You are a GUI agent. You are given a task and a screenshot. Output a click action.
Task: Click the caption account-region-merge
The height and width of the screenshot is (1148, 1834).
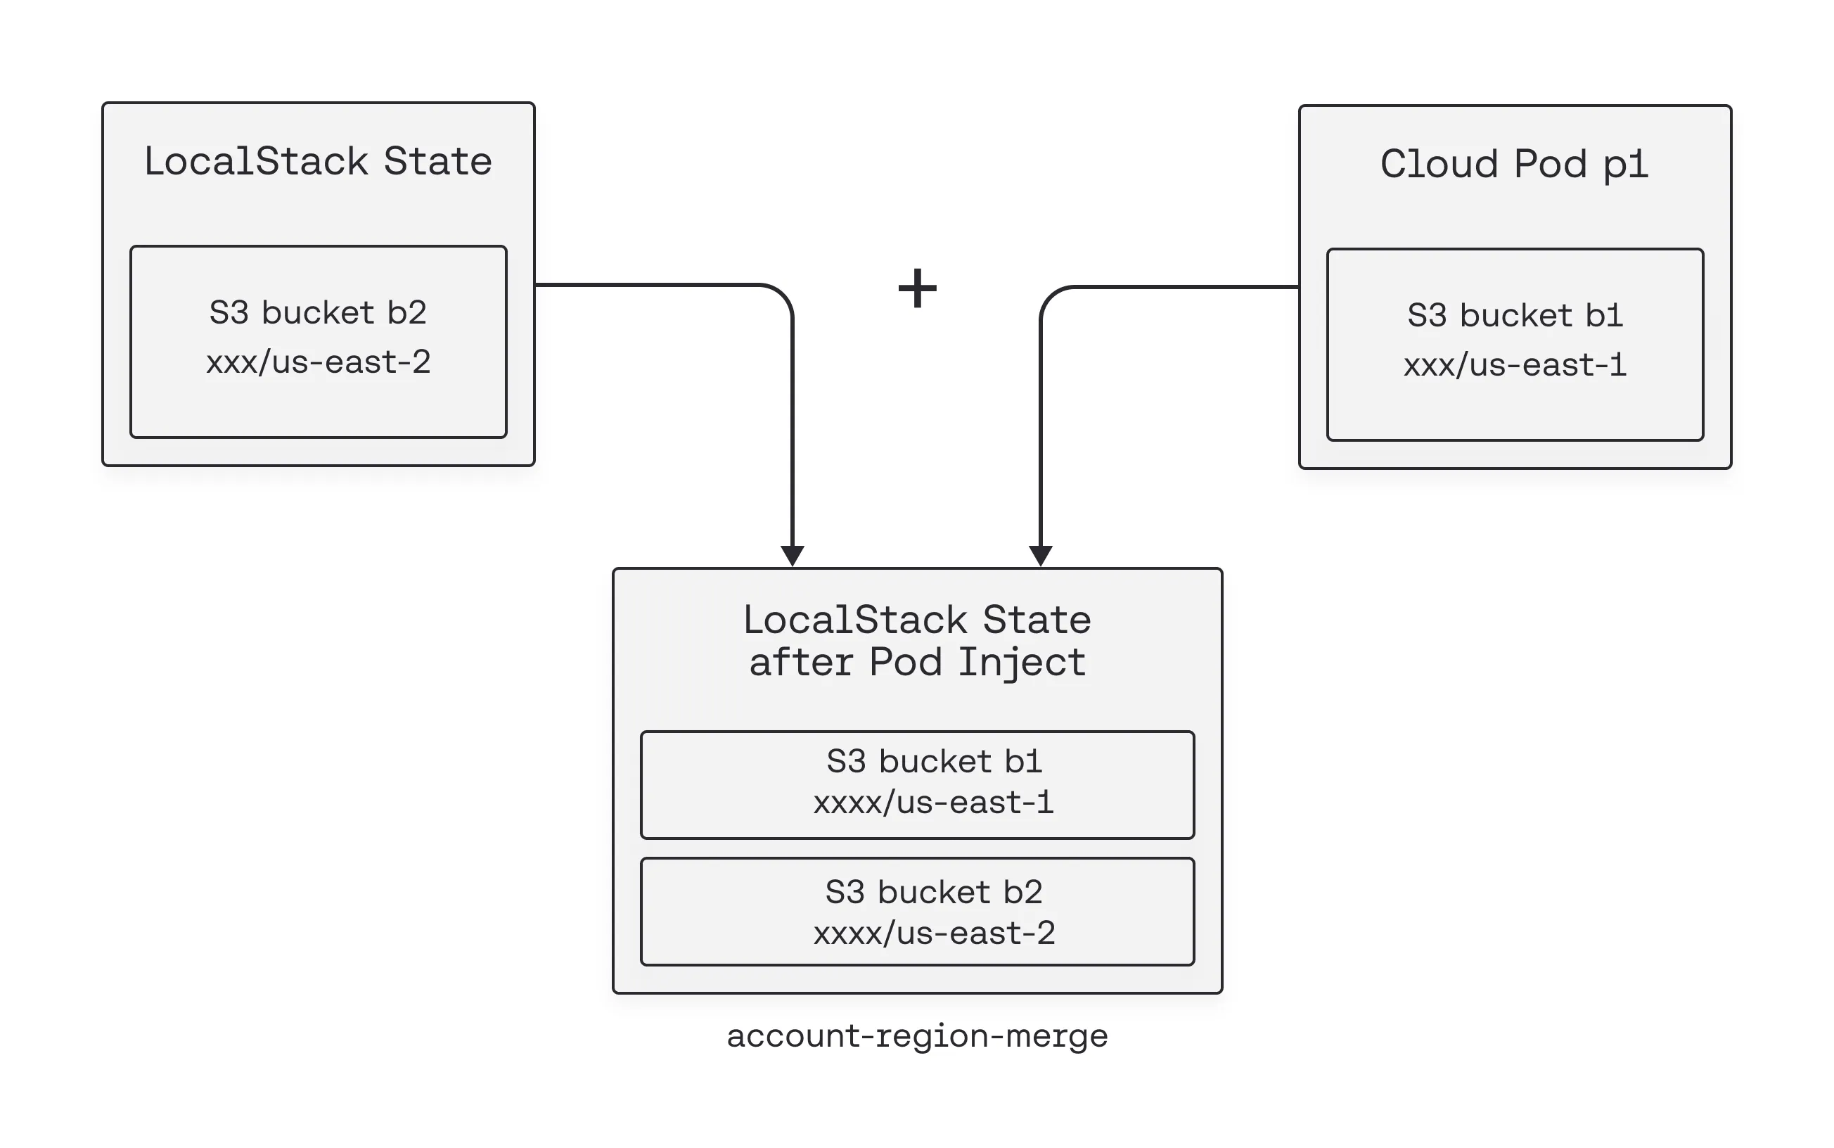[x=916, y=1035]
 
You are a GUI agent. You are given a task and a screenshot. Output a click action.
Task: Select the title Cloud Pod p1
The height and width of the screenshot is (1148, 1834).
[x=1514, y=164]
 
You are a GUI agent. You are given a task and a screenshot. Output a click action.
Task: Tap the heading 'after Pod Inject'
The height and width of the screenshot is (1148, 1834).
[x=916, y=662]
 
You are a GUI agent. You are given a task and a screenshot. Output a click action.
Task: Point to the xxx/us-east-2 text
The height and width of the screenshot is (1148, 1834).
[x=318, y=362]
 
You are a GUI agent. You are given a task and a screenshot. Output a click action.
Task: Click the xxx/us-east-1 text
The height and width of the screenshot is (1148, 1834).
[x=1515, y=365]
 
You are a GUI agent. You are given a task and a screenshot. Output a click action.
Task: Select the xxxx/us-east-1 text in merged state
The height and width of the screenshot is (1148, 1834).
[x=933, y=803]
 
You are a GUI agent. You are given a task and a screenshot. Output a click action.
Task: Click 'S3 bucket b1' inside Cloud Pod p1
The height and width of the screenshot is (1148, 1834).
[x=1515, y=315]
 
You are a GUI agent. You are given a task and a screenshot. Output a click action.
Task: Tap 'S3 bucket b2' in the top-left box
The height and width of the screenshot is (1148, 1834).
[x=318, y=313]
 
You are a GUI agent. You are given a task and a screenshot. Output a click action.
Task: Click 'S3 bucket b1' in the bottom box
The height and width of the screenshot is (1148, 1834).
[x=933, y=762]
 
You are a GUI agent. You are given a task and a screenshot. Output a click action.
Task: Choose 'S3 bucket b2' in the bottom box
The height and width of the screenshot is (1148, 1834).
[x=933, y=892]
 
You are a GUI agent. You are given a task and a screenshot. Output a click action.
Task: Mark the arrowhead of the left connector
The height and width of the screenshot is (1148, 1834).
[x=793, y=556]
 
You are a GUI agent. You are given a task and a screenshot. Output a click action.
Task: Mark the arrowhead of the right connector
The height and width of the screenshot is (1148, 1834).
[x=1040, y=556]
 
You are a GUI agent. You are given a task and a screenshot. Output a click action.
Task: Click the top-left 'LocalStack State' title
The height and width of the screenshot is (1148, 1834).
[x=318, y=162]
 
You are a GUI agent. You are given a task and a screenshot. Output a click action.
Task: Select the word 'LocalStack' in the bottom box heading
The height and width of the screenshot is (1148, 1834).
[x=854, y=620]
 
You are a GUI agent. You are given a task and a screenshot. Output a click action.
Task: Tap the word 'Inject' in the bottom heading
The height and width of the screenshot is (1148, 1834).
[x=1021, y=662]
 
